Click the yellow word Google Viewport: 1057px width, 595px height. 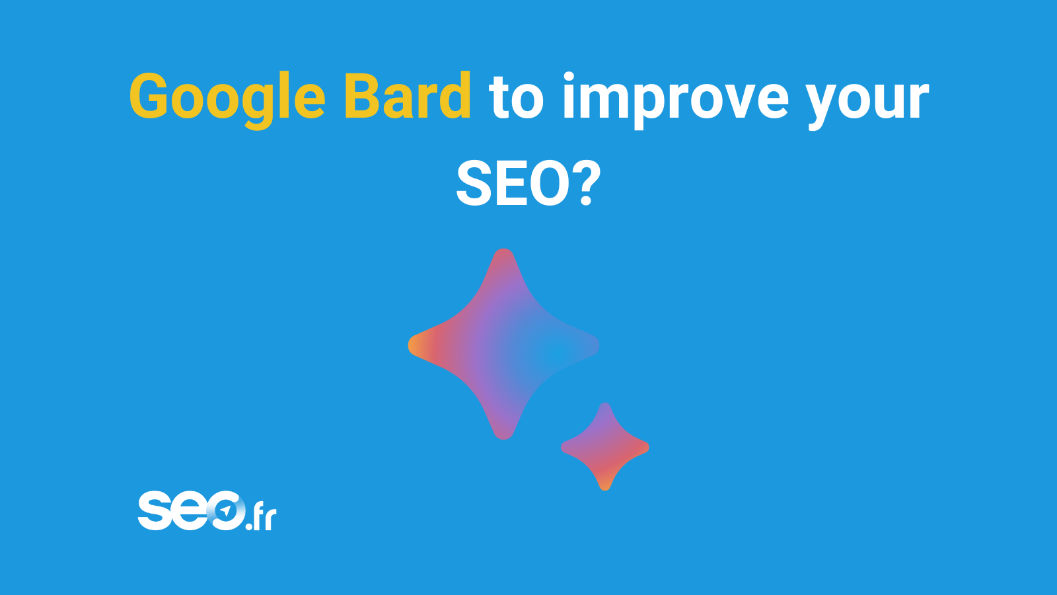227,100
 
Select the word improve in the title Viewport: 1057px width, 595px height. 676,100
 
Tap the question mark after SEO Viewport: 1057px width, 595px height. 587,182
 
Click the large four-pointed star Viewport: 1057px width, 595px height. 503,344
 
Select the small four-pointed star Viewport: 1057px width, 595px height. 605,447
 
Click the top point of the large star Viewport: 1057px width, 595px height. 503,249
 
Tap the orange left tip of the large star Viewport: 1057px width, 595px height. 410,345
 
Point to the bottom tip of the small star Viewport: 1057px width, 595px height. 605,490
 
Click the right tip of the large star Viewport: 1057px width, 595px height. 598,345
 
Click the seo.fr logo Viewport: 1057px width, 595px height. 207,510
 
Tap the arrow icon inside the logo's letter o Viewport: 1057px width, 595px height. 226,510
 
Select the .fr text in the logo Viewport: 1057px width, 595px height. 261,518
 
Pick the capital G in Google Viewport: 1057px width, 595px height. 149,96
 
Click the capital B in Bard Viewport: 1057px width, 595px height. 363,96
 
